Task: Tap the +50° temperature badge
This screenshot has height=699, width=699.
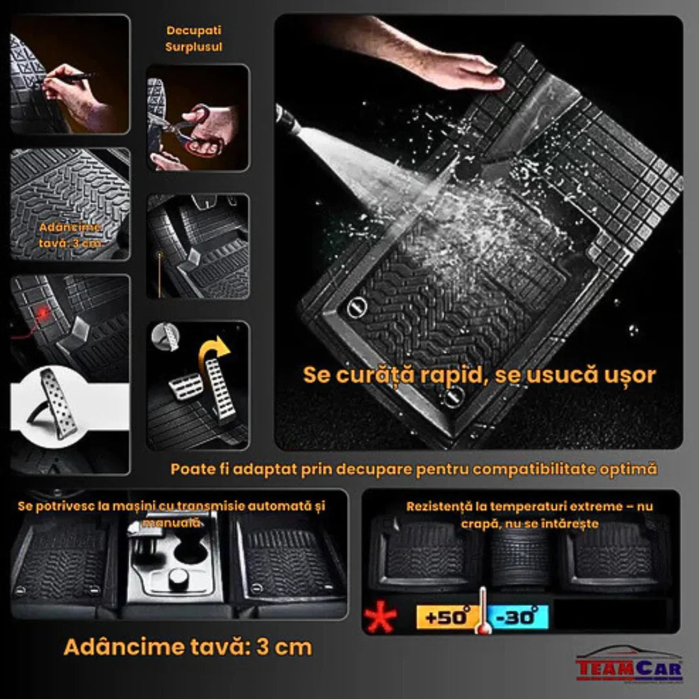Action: [x=445, y=617]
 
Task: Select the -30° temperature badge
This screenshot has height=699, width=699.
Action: [x=518, y=617]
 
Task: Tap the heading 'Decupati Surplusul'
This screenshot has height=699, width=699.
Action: [x=194, y=39]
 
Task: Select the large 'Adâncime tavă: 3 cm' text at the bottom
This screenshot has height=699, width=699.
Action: [x=188, y=647]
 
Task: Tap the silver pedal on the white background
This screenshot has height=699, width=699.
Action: [x=58, y=401]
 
